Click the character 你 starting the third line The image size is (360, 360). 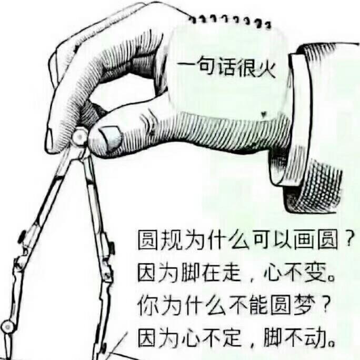pyautogui.click(x=147, y=304)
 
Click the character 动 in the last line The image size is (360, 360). pyautogui.click(x=316, y=335)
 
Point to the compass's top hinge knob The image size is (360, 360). pyautogui.click(x=78, y=138)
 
